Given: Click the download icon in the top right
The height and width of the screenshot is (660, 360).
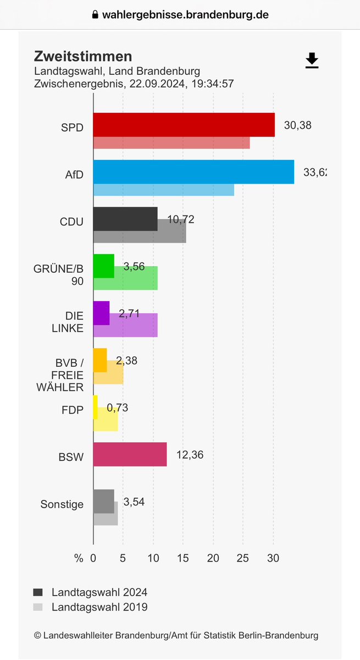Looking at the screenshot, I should pyautogui.click(x=312, y=61).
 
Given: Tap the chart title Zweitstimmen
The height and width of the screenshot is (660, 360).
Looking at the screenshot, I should pyautogui.click(x=83, y=56).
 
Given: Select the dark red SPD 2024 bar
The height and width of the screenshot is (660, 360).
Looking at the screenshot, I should pyautogui.click(x=184, y=125).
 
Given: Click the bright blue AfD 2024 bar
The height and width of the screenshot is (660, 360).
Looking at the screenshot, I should pyautogui.click(x=193, y=172).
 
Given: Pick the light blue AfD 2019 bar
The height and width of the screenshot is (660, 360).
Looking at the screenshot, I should pyautogui.click(x=164, y=190).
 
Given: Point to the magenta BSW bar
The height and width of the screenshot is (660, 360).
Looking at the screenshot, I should pyautogui.click(x=130, y=454).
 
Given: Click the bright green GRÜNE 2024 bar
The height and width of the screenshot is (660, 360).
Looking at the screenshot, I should pyautogui.click(x=103, y=266).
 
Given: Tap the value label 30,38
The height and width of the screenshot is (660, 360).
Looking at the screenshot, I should pyautogui.click(x=297, y=125).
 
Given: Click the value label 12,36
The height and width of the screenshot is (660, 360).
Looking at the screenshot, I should pyautogui.click(x=190, y=455).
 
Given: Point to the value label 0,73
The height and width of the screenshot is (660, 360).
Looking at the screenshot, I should pyautogui.click(x=118, y=408).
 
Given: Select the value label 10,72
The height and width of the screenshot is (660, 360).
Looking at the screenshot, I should pyautogui.click(x=180, y=219).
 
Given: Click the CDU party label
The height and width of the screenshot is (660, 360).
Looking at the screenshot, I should pyautogui.click(x=71, y=222).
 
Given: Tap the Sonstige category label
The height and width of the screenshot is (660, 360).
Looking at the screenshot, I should pyautogui.click(x=62, y=504).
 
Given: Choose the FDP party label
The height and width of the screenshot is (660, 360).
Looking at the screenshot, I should pyautogui.click(x=73, y=410).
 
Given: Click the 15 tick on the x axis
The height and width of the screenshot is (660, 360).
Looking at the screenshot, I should pyautogui.click(x=183, y=558).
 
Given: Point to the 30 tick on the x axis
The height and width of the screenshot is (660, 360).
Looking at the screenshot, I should pyautogui.click(x=273, y=558).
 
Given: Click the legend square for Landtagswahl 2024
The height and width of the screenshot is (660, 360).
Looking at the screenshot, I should pyautogui.click(x=38, y=592).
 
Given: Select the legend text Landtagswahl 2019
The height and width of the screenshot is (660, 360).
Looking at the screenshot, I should pyautogui.click(x=99, y=607).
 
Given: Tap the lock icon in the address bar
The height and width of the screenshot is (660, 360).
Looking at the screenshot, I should pyautogui.click(x=95, y=15).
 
